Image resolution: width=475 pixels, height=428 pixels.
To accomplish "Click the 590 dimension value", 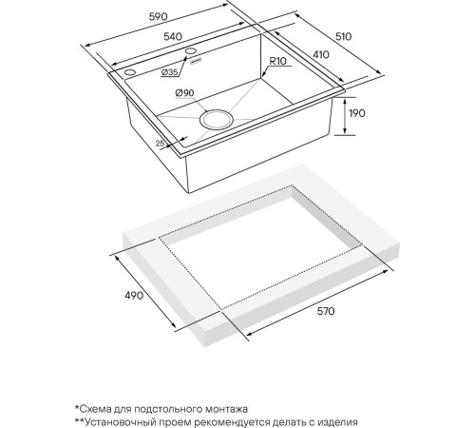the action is (x=158, y=16).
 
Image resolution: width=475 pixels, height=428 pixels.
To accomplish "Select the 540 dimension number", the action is (x=173, y=36).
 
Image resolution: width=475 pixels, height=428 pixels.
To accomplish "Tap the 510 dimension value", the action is (x=343, y=36).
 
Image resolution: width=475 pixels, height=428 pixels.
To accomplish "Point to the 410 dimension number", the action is (x=321, y=54).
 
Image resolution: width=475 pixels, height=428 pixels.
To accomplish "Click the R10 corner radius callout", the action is (x=277, y=61).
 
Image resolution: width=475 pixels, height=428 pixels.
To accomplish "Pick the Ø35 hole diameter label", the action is (x=169, y=72).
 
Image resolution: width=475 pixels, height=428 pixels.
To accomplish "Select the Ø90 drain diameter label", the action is (x=184, y=93).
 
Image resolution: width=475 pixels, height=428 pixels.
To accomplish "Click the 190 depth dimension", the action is (x=357, y=113).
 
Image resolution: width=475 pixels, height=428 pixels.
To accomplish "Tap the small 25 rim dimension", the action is (x=161, y=144).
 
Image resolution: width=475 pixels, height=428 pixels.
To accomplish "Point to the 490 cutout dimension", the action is (x=134, y=296).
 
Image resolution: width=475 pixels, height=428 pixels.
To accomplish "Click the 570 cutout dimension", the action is (x=326, y=311).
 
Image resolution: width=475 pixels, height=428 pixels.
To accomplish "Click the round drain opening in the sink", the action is (x=217, y=119).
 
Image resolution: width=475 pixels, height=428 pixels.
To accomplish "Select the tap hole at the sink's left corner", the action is (x=130, y=72).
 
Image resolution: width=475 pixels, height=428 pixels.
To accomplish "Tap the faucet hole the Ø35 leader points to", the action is (x=191, y=50).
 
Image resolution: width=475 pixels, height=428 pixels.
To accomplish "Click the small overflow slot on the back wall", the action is (x=196, y=61).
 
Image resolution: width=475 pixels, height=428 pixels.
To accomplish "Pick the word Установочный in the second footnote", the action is (x=123, y=422).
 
